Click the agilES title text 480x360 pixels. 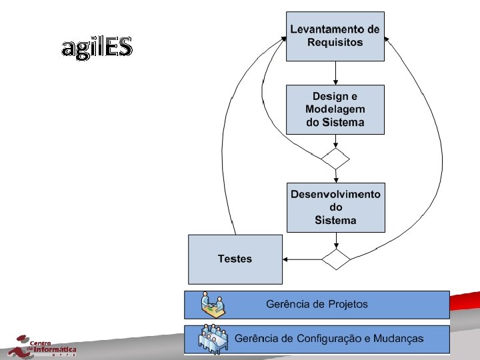point(97,47)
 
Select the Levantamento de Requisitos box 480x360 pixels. point(335,36)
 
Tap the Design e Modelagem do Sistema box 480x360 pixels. point(335,109)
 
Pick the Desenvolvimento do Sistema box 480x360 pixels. point(335,207)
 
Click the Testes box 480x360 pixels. point(235,259)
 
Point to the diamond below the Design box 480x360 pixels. point(335,159)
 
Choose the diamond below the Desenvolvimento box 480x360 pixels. point(335,259)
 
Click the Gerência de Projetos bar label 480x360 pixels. point(317,305)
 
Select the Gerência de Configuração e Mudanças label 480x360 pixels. point(328,339)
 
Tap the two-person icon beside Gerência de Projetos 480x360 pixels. point(214,305)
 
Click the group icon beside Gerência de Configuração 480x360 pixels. point(214,339)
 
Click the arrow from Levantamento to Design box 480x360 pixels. point(335,73)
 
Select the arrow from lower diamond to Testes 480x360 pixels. point(301,259)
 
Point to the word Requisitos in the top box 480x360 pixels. point(335,43)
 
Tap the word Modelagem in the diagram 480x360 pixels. point(335,109)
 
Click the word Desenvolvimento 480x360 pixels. point(335,195)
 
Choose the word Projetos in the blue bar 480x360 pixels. point(347,305)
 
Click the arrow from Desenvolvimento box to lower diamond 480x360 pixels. point(335,241)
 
